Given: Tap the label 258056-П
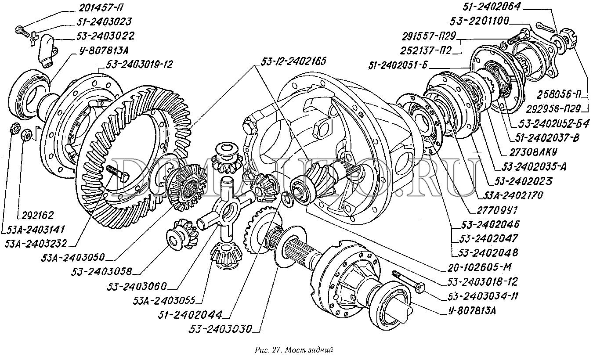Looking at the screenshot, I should click(x=556, y=94).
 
